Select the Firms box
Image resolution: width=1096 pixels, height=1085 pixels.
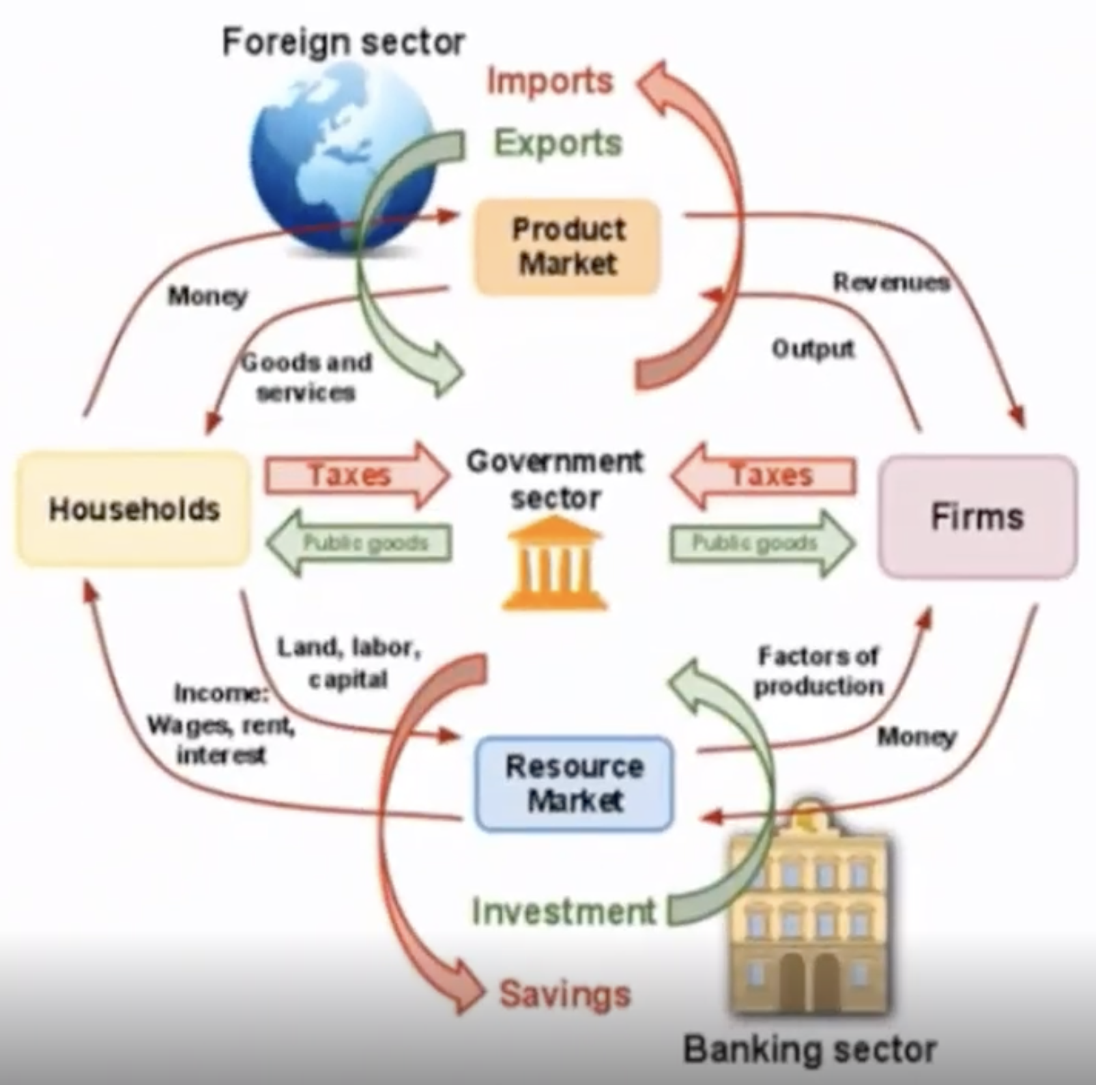coord(977,516)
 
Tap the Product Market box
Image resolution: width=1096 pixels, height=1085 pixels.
coord(567,247)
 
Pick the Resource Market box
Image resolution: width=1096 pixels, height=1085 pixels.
coord(574,783)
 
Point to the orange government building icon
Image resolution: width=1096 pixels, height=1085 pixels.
coord(555,563)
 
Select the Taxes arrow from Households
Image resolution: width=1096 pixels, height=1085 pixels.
coord(357,475)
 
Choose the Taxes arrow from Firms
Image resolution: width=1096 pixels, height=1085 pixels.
coord(763,475)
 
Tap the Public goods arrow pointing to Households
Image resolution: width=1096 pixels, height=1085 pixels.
coord(358,542)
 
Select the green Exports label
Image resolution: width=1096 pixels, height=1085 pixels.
coord(558,143)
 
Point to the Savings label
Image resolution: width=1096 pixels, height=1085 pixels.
coord(565,994)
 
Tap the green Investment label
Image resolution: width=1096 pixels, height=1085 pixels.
coord(564,911)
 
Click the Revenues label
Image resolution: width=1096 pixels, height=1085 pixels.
coord(891,282)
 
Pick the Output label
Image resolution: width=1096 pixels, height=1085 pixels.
coord(813,349)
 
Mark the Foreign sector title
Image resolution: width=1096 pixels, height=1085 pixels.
coord(343,42)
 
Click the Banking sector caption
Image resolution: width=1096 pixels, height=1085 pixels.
coord(810,1049)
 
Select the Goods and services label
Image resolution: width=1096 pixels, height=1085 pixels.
coord(306,377)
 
